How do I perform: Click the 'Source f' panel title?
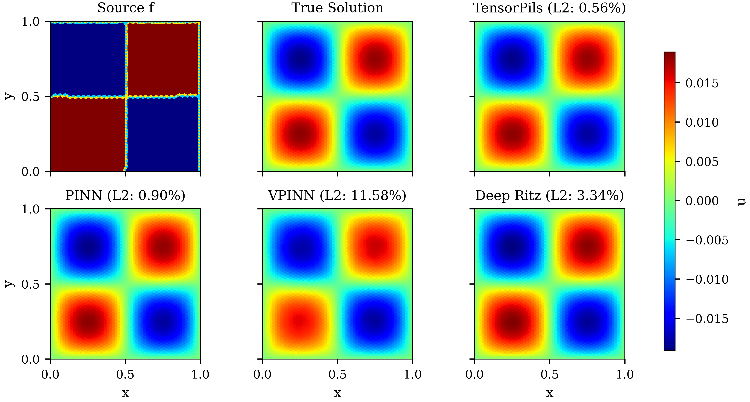pos(126,8)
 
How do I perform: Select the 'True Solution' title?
pos(337,8)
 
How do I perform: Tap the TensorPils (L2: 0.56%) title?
pos(549,8)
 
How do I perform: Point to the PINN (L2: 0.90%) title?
pos(125,195)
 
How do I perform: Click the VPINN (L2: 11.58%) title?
pos(337,195)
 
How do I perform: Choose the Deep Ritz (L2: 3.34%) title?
pos(549,195)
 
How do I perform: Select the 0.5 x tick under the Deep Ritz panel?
pos(550,374)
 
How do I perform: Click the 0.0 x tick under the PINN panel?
pos(50,374)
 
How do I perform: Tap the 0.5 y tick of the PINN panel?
pos(31,284)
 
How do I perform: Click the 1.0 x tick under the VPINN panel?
pos(413,374)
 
